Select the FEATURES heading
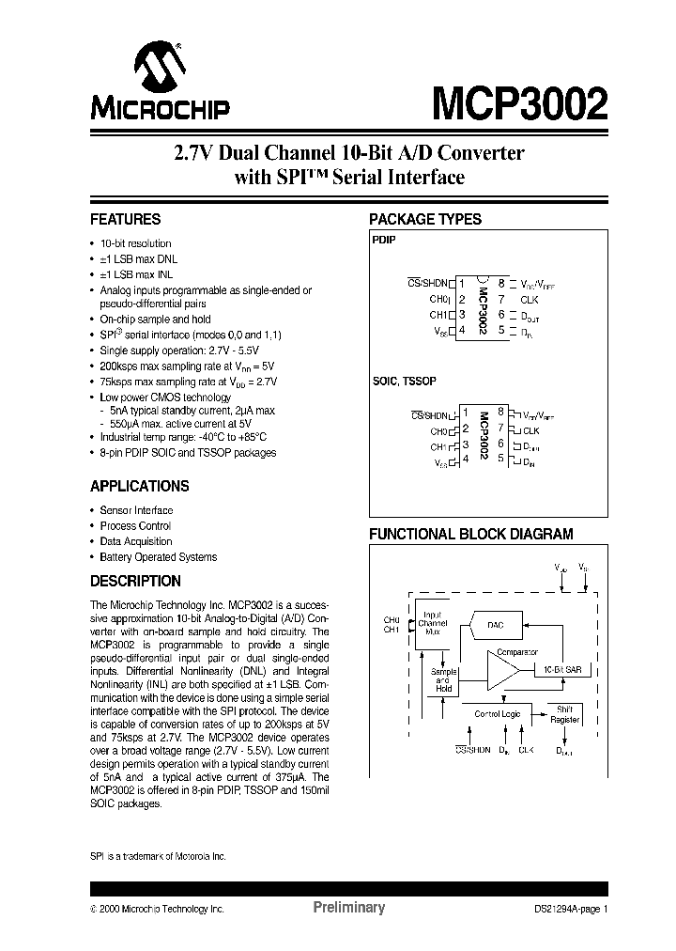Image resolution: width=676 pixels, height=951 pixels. [125, 220]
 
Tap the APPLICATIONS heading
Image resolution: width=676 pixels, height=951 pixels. [139, 487]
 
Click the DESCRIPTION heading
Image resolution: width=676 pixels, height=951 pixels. [135, 582]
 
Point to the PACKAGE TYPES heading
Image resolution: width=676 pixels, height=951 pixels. [425, 220]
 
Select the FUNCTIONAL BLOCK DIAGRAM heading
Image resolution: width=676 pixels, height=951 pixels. [470, 535]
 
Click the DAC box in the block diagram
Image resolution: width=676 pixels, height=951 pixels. [496, 624]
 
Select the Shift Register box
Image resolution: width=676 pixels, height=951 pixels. [564, 715]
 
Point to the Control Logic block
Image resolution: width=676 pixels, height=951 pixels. [497, 714]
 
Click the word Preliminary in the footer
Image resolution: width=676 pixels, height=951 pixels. [348, 908]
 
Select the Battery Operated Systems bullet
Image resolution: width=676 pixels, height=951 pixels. [159, 557]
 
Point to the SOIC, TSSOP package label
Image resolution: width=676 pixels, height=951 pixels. [404, 382]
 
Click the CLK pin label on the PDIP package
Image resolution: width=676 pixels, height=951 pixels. [530, 299]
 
